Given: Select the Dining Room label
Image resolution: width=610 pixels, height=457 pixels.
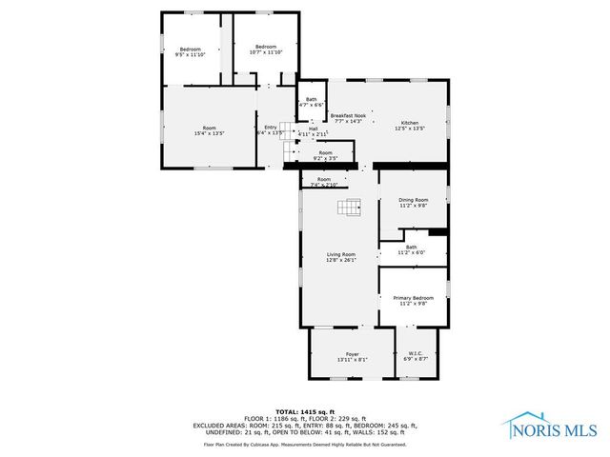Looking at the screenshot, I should point(413,202).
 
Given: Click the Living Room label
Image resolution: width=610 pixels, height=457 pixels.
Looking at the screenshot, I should point(341,257).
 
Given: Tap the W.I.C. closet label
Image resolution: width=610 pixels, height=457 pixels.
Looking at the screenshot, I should point(417,356).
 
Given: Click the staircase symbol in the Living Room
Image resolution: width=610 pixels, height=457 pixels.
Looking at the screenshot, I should point(355,208).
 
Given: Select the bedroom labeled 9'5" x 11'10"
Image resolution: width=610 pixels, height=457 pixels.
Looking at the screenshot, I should point(192,51).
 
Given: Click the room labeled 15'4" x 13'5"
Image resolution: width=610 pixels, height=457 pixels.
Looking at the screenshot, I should point(210,130).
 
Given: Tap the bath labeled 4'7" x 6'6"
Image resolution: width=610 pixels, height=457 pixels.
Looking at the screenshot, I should point(311,102).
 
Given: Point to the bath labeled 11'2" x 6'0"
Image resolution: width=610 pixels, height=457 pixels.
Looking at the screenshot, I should point(411,249).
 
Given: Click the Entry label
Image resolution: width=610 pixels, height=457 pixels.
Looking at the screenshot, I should point(271,129).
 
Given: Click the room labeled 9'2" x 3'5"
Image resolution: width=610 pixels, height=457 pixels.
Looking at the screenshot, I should point(326,155).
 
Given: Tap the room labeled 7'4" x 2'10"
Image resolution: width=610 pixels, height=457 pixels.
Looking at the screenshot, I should point(324,182).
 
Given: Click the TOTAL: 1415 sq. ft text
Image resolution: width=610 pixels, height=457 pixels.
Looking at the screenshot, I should point(304,409).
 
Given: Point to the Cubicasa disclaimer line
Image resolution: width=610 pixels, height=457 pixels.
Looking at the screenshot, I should point(304,444).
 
